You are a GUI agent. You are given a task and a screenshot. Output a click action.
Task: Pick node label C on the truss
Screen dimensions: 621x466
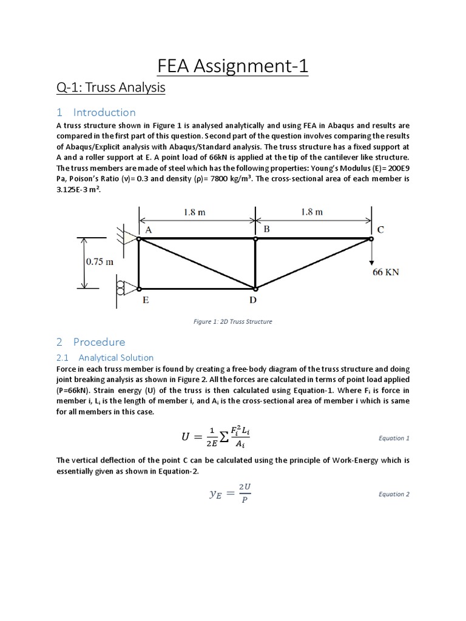point(381,230)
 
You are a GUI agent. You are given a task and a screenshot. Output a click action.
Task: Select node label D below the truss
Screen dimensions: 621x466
point(253,300)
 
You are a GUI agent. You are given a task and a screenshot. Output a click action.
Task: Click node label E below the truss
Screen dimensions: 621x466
point(146,300)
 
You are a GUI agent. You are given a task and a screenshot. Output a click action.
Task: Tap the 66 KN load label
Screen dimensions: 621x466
point(386,272)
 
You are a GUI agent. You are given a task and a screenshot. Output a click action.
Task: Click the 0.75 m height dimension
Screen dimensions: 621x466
point(99,263)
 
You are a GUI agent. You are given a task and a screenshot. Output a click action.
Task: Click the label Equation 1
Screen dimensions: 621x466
point(394,438)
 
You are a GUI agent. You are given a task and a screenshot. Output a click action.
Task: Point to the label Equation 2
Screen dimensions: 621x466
point(394,494)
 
